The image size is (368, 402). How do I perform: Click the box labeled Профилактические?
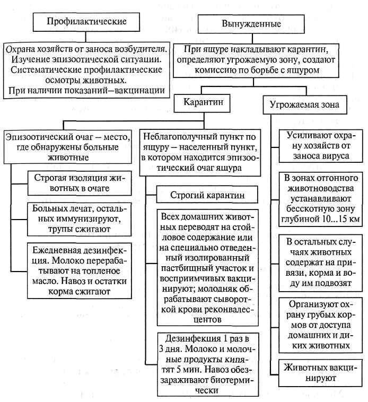click(86, 22)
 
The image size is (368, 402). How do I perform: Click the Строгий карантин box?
click(207, 195)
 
